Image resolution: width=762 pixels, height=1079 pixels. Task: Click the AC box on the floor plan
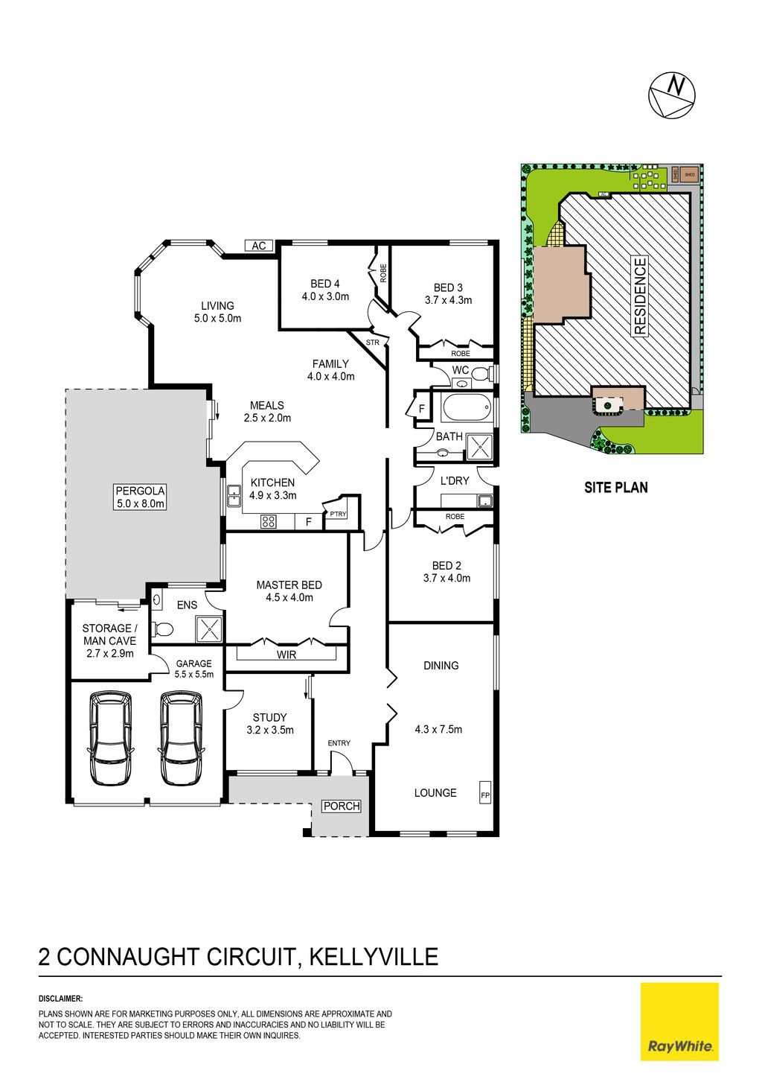tap(258, 246)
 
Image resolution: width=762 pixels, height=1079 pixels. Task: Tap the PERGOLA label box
tap(140, 497)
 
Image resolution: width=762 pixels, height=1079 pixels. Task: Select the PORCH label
tap(342, 806)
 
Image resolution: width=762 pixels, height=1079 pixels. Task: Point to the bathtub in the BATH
tap(467, 408)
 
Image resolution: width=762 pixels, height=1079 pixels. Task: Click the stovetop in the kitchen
tap(268, 521)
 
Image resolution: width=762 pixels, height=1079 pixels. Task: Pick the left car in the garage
tap(110, 738)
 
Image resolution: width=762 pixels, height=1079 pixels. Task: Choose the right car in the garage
tap(181, 738)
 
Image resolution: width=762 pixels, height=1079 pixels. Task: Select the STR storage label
tap(373, 343)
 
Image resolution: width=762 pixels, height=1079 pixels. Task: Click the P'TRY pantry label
tap(338, 514)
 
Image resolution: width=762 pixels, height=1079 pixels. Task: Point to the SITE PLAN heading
tap(615, 488)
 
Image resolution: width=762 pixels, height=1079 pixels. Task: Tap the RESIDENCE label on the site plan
tap(640, 296)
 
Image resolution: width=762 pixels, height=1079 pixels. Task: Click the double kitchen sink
tap(234, 496)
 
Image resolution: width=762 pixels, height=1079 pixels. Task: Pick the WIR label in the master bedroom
tap(286, 654)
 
